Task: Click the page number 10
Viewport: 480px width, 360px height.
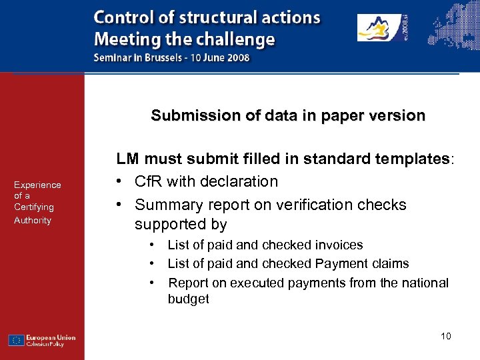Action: [x=446, y=335]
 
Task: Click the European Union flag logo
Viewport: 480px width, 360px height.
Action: [x=17, y=340]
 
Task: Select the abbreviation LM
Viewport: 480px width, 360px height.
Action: [x=128, y=159]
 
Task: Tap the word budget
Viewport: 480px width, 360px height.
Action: [x=189, y=299]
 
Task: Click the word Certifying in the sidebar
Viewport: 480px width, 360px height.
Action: [x=34, y=207]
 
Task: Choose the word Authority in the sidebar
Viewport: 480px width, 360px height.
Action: [x=33, y=220]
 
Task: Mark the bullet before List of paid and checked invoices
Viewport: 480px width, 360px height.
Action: [x=153, y=245]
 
